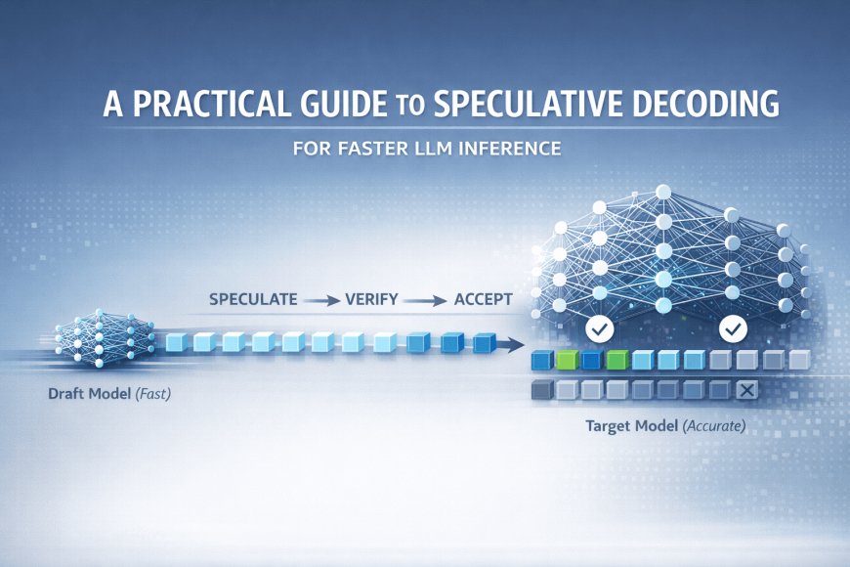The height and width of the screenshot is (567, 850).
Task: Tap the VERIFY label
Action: coord(371,300)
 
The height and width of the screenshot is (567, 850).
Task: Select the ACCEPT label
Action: coord(483,300)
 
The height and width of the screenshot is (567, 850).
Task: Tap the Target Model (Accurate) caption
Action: coord(665,427)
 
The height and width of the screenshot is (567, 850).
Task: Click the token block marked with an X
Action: coord(745,391)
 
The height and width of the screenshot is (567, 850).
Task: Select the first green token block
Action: coord(566,361)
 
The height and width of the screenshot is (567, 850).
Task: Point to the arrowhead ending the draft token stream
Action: coord(512,343)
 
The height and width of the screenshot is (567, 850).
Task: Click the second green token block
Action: coord(616,361)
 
